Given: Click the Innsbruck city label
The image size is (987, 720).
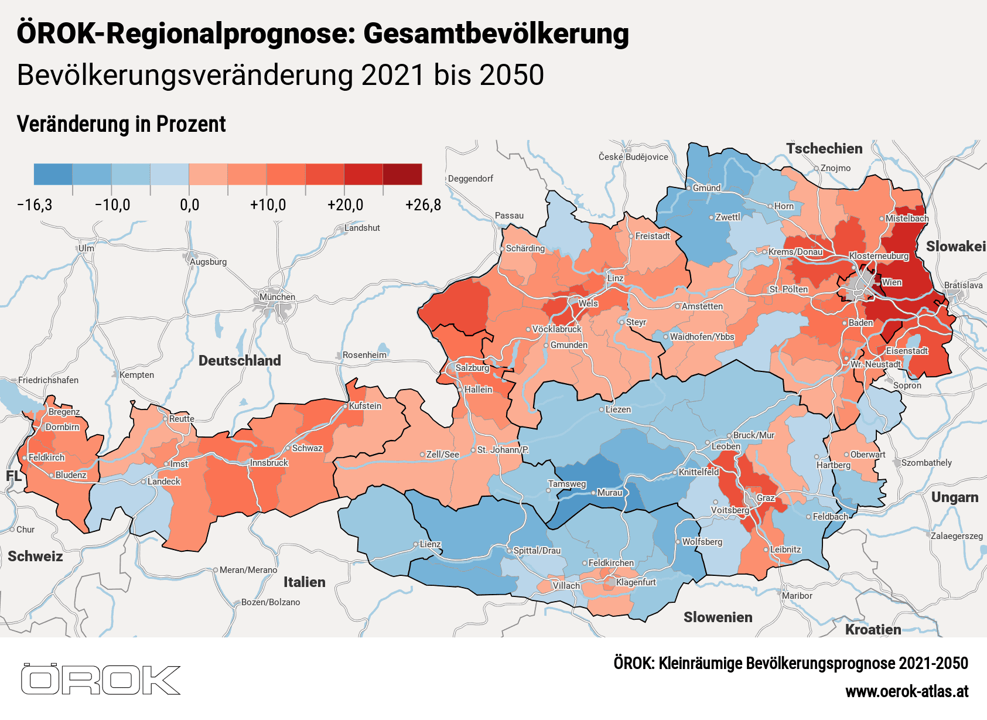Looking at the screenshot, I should point(269,463).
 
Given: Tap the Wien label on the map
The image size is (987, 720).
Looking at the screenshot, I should point(892,282).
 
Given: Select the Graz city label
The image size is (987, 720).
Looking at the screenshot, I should point(766,498).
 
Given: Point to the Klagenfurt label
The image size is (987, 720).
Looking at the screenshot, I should point(636,582).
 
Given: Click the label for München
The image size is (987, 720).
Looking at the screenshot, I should point(277,297).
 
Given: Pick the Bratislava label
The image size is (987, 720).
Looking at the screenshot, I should point(963,285).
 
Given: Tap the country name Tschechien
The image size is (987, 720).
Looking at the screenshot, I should point(824,149).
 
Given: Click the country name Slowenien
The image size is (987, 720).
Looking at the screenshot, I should point(718,617).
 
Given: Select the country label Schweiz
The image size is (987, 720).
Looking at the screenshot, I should point(35,557).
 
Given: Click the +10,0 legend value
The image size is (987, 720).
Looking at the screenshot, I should point(268,205).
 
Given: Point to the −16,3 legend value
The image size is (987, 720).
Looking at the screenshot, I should point(35,205).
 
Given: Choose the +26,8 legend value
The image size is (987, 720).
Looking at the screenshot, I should point(422,205).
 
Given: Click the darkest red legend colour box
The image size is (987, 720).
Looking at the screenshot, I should point(402,175).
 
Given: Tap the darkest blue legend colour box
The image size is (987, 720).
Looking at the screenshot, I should point(53,175).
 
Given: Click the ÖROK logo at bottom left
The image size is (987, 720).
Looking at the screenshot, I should point(100,680).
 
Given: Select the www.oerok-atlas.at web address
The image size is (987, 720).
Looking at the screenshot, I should point(906,692).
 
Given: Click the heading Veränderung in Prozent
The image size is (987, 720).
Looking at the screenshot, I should point(121,124).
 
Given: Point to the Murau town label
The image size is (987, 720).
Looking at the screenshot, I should point(609,493).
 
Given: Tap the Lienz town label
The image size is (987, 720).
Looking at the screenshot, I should point(430,544).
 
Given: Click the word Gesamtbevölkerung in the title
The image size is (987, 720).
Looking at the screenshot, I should point(496,33).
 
